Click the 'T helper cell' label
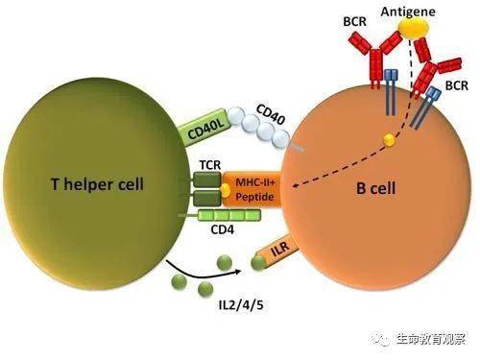[x=97, y=184]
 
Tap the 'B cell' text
[x=376, y=188]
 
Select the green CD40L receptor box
[x=204, y=128]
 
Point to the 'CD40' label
[x=271, y=114]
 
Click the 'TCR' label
[x=210, y=165]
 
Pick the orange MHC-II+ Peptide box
[x=252, y=189]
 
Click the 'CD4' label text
[x=223, y=229]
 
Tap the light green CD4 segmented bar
[x=229, y=215]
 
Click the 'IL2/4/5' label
[x=241, y=305]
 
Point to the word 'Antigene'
[x=408, y=12]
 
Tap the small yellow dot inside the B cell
[x=389, y=139]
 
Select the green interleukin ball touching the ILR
[x=258, y=263]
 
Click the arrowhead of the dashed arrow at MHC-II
[x=296, y=186]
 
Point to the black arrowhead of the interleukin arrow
[x=237, y=272]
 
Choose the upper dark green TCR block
[x=207, y=180]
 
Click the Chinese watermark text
[x=431, y=339]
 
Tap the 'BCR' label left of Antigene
[x=355, y=22]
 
